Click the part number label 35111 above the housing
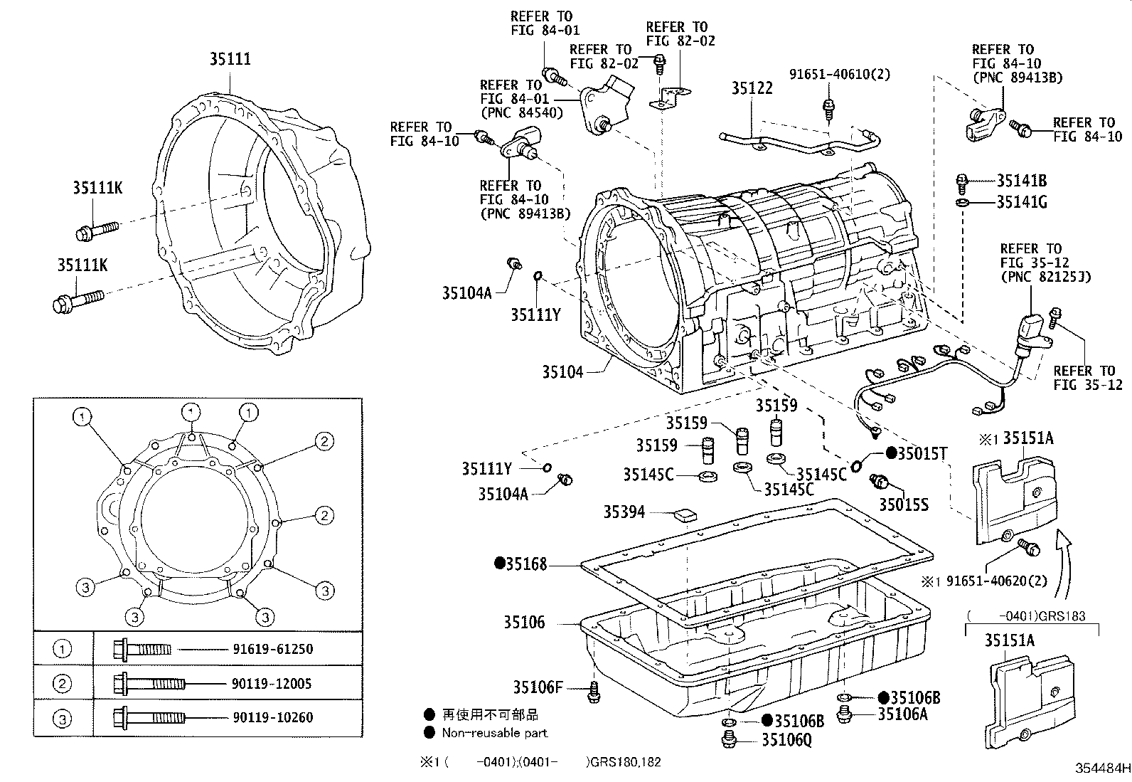tap(230, 60)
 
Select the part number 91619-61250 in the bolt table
tap(272, 649)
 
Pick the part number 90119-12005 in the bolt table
tap(272, 684)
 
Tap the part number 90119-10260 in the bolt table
tap(272, 718)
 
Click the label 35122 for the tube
tap(752, 89)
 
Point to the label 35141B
tap(1021, 181)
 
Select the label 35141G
tap(1021, 202)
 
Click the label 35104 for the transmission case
tap(562, 371)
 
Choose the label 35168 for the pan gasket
tap(526, 564)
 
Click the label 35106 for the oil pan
tap(524, 623)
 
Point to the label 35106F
tap(538, 687)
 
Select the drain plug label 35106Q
tap(786, 741)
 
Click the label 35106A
tap(902, 714)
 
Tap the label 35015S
tap(904, 504)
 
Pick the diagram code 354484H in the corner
tap(1101, 768)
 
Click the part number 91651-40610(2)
tap(839, 73)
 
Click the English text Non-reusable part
tap(495, 733)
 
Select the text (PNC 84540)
tap(521, 112)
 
